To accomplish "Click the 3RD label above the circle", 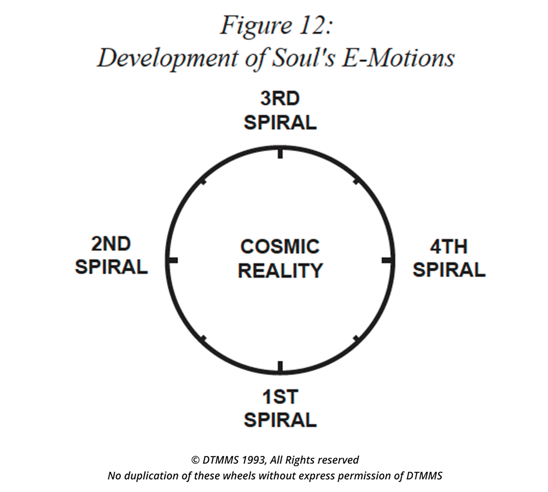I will coord(280,98).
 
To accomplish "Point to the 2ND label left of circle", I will coord(111,244).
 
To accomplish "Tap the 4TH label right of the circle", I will coord(449,246).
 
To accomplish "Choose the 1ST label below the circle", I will coord(280,397).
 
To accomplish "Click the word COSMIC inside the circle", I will coord(280,246).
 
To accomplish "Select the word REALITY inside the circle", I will coord(280,270).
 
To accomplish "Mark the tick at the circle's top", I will coord(280,153).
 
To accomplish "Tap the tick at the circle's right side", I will coord(387,260).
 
